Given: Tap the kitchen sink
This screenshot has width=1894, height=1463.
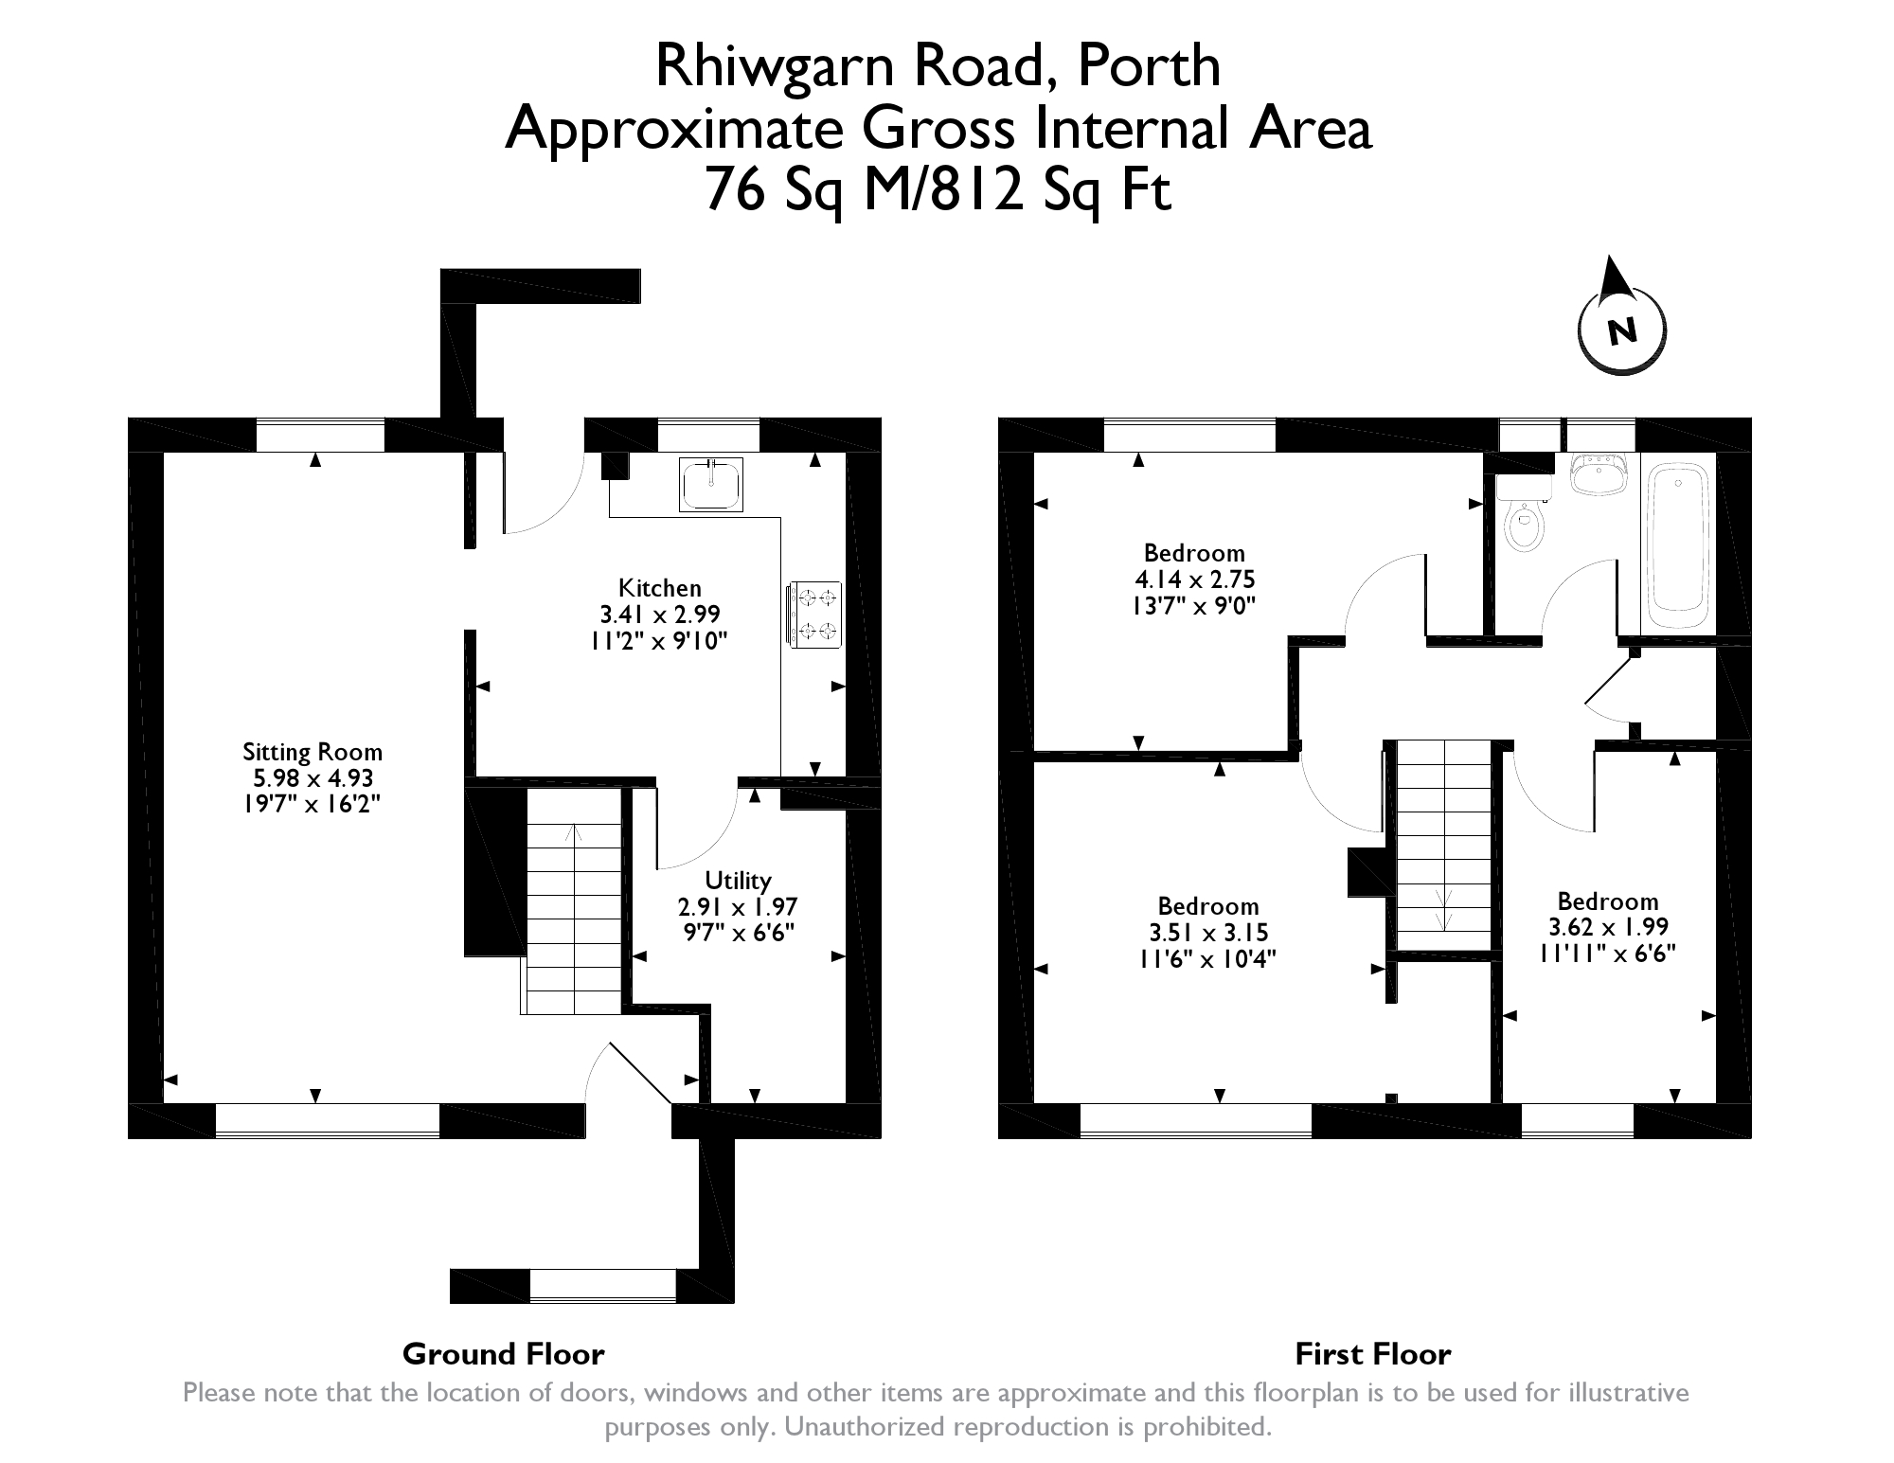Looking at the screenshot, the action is (710, 485).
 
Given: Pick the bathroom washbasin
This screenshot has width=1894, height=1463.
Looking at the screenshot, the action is (1599, 473).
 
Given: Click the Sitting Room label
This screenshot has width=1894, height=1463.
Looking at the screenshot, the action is (313, 752).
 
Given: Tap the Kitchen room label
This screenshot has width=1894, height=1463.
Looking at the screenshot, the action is (660, 587).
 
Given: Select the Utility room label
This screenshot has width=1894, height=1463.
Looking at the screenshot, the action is (739, 881).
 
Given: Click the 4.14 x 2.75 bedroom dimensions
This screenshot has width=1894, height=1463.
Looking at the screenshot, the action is (1194, 580).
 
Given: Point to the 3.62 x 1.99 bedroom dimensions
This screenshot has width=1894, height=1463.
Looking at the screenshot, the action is (1608, 927).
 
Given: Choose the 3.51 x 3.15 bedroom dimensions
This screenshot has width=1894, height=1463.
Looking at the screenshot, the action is (1208, 933).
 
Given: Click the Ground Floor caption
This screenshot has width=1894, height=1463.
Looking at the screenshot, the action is (503, 1354).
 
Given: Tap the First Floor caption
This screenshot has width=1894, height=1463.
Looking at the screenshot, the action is (1372, 1354).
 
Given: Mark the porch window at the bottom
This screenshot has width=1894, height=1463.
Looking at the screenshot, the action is (602, 1285).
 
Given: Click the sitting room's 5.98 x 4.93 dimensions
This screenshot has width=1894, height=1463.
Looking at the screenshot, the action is (313, 778).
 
